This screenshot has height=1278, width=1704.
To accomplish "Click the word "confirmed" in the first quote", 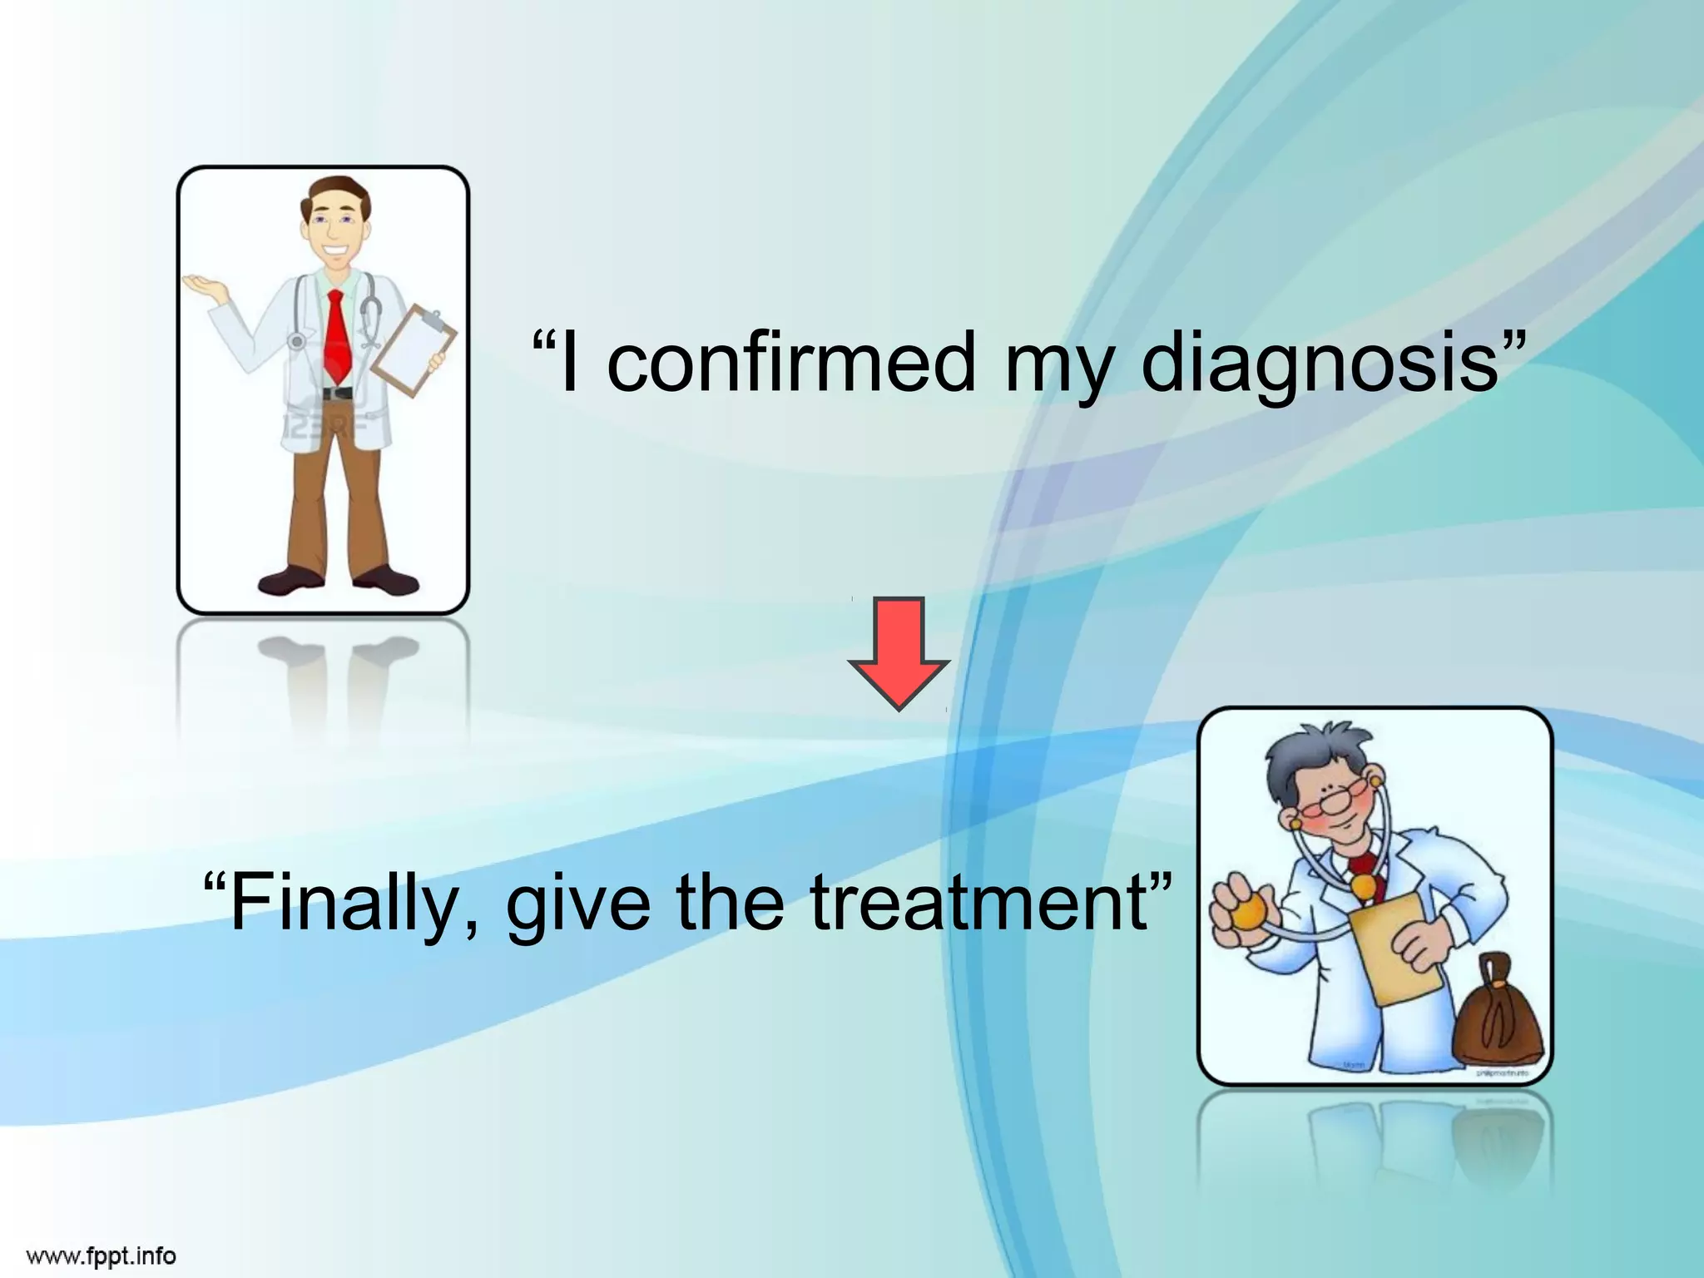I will click(790, 363).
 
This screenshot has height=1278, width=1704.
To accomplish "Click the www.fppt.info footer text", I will click(102, 1255).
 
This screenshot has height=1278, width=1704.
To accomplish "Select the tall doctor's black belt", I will click(336, 393).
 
